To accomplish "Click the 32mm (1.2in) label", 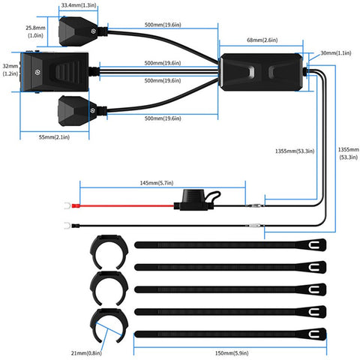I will point(10,70).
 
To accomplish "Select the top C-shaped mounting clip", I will point(107,252).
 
